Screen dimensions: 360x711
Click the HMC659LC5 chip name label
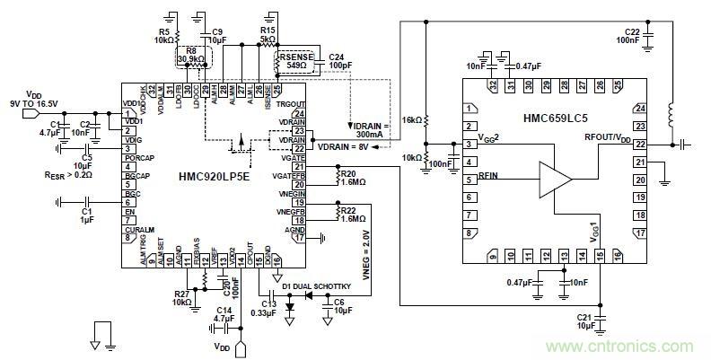pyautogui.click(x=557, y=118)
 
